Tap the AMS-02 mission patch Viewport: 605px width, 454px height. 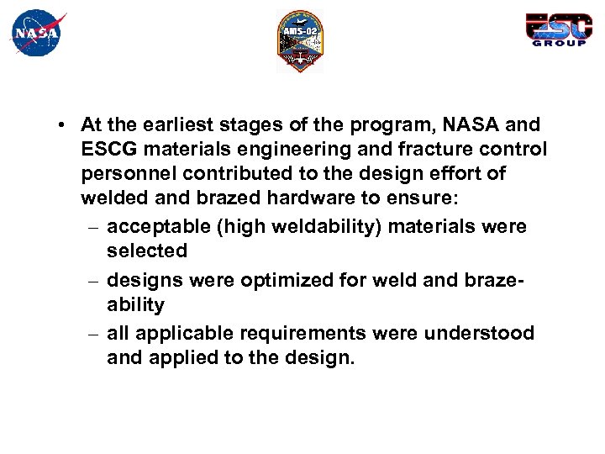[300, 41]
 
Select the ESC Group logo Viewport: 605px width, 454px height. [556, 30]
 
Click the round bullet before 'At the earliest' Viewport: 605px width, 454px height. [63, 125]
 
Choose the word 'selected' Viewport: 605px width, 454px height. [147, 251]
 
